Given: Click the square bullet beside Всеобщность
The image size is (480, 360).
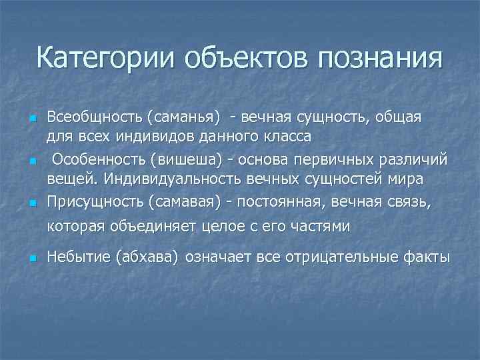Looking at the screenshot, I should click(x=32, y=119).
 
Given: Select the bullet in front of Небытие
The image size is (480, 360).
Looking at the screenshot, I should click(x=32, y=258).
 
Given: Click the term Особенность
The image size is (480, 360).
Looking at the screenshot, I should click(x=99, y=161).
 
